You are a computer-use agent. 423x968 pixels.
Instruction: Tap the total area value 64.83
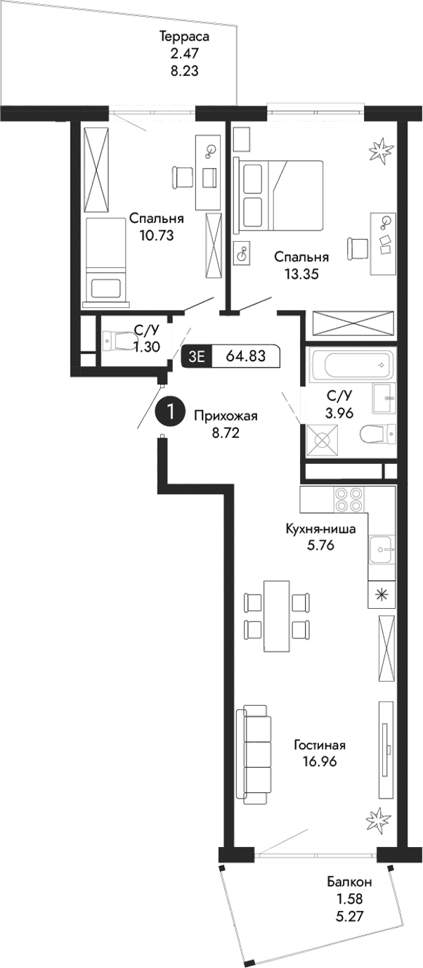[x=245, y=356]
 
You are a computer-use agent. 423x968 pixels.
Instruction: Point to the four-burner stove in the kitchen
[x=349, y=498]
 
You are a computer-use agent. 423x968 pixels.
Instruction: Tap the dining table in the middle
[x=275, y=617]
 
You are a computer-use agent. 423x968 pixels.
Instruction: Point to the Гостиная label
[x=320, y=745]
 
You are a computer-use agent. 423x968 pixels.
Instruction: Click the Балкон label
[x=349, y=882]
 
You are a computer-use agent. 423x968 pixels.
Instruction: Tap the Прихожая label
[x=226, y=416]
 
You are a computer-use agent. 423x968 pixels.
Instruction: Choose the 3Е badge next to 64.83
[x=195, y=356]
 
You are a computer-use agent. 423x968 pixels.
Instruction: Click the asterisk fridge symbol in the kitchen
[x=382, y=594]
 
